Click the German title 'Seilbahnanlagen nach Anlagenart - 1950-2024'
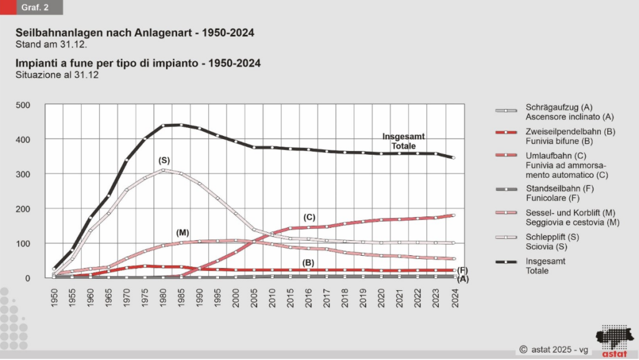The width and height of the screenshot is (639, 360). [135, 33]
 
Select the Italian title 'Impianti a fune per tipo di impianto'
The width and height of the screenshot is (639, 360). [138, 64]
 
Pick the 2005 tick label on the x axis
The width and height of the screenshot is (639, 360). [255, 296]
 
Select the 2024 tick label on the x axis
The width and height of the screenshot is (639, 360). [454, 296]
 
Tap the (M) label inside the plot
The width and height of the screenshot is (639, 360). [183, 233]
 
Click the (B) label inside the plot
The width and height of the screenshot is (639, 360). [308, 263]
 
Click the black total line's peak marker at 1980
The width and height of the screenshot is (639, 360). [163, 125]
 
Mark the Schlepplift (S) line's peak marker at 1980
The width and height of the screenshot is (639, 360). [163, 170]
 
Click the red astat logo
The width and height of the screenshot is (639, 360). [615, 340]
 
